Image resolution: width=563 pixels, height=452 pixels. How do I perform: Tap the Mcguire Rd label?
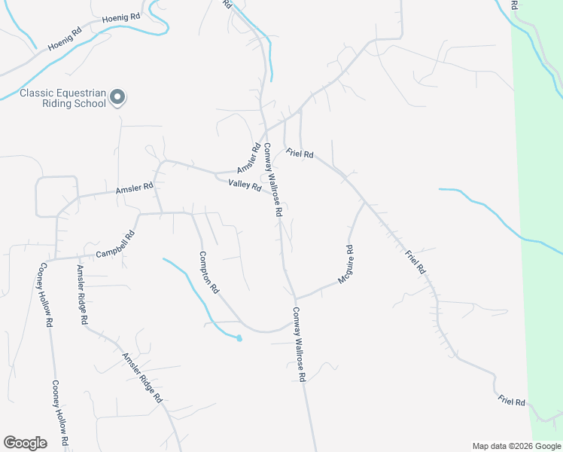[x=345, y=264]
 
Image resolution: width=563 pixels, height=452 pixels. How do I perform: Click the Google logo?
[x=26, y=443]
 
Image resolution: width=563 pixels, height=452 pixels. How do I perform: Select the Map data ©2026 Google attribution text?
[x=516, y=446]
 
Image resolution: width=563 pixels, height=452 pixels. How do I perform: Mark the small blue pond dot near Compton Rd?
[x=239, y=338]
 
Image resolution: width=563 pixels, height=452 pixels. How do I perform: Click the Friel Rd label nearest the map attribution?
[x=512, y=402]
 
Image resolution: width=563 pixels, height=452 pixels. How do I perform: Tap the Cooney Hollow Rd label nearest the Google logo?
[x=61, y=413]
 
